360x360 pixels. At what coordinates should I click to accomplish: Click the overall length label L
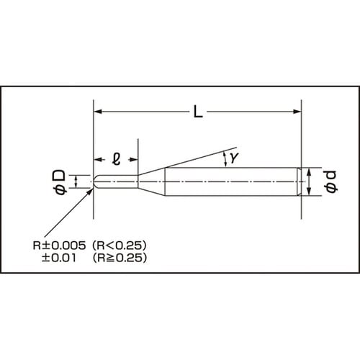tap(197, 112)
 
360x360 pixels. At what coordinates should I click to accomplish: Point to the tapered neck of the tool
tap(152, 181)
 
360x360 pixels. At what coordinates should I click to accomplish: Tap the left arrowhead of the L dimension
tap(99, 112)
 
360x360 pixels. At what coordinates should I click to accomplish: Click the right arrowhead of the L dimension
tap(295, 112)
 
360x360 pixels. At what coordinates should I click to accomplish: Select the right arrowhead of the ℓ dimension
tap(134, 158)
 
